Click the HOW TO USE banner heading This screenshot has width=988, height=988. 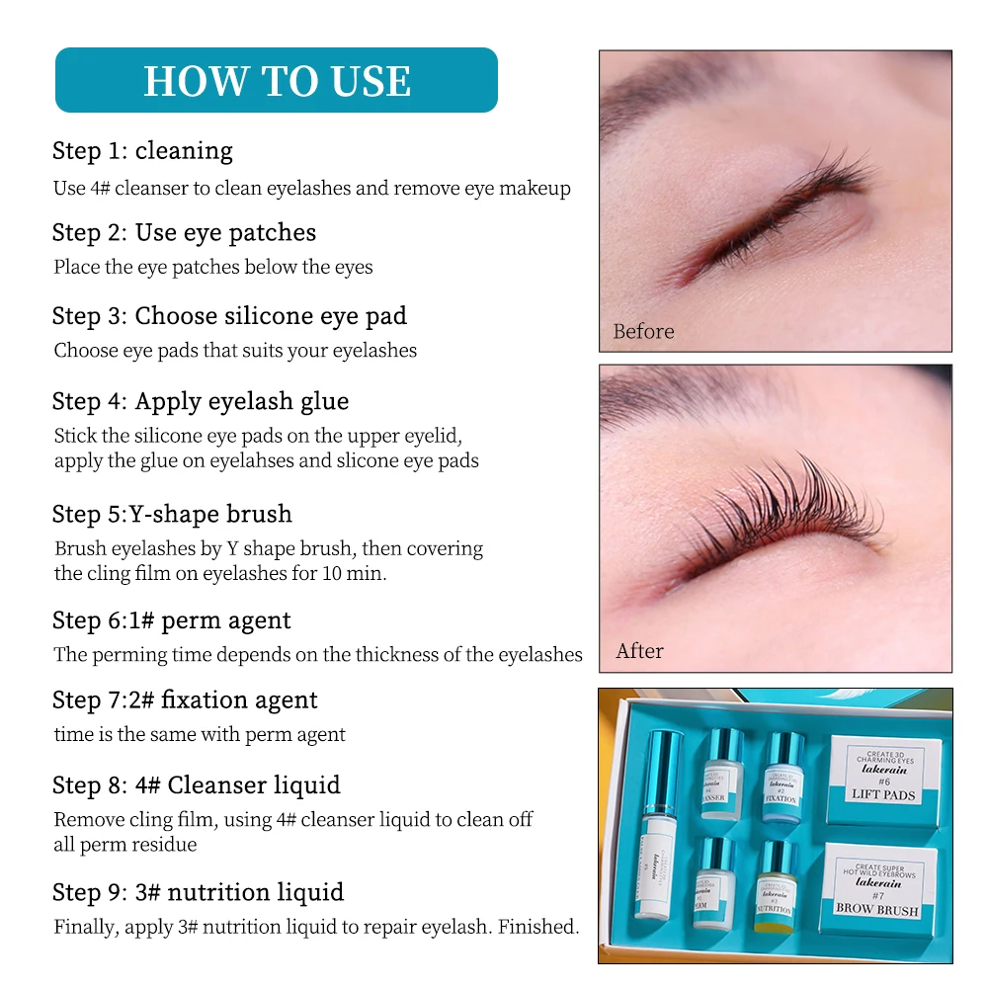[x=277, y=80]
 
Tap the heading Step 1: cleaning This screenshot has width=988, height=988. [x=142, y=151]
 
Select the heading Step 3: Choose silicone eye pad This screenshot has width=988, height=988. [x=229, y=316]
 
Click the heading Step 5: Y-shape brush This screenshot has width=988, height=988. [x=172, y=514]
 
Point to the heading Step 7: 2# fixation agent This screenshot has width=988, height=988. [x=185, y=700]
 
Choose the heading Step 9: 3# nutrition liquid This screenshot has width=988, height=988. [x=198, y=892]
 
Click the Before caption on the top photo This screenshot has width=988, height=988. [x=643, y=332]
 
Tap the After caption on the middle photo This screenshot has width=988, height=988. [x=639, y=651]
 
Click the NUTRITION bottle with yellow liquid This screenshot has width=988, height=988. [x=777, y=887]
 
